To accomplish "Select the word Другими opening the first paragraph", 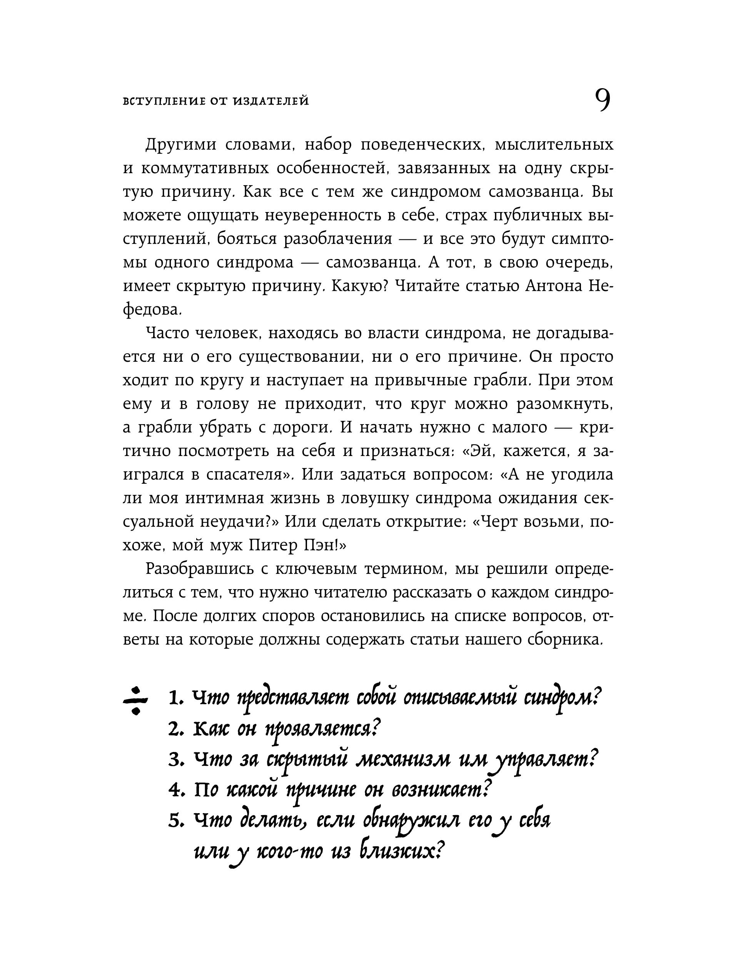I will [180, 145].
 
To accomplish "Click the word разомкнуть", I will [564, 404].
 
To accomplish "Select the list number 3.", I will [175, 761].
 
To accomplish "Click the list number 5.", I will [175, 822].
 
